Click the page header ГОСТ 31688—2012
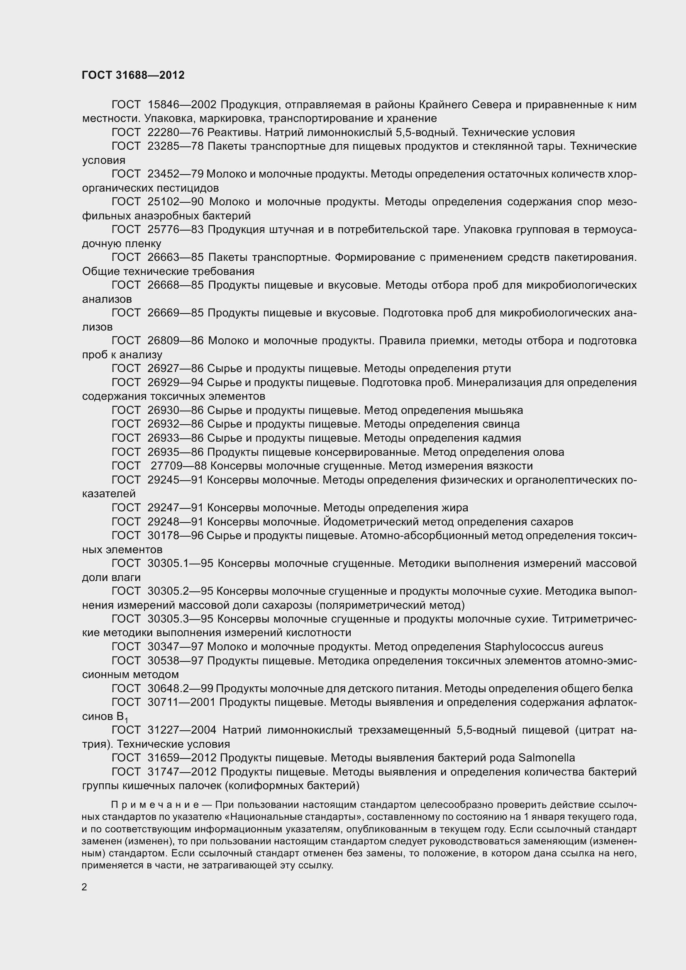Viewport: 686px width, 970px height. click(133, 75)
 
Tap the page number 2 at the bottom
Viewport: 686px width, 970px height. click(85, 887)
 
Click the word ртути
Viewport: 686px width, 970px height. click(496, 368)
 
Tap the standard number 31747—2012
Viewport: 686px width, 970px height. click(182, 771)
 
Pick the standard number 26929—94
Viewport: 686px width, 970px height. click(176, 382)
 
